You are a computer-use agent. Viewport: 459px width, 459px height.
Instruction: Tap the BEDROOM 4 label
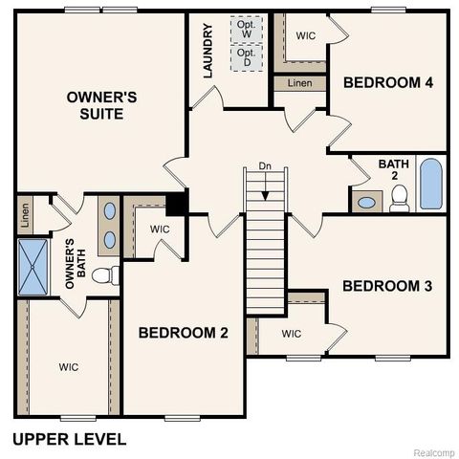388,83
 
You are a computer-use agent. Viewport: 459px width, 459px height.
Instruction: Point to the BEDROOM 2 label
184,333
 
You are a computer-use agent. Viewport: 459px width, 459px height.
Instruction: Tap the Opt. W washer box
246,30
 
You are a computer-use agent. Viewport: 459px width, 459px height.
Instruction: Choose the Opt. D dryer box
246,56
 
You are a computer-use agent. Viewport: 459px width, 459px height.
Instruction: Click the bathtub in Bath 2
431,185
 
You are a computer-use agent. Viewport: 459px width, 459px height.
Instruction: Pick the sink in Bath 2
364,202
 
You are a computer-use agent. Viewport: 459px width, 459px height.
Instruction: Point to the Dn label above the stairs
266,167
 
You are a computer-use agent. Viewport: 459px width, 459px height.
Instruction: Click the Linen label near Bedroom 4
299,84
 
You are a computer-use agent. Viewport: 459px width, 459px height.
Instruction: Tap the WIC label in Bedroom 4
306,35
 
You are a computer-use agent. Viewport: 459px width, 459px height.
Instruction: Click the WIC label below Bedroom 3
292,334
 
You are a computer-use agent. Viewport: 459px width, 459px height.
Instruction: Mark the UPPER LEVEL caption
68,440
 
